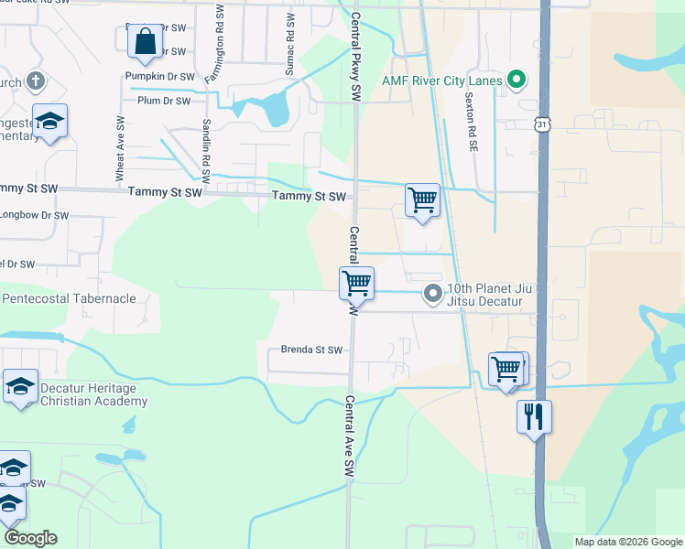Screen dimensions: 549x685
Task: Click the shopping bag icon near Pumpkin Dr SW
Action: click(x=146, y=41)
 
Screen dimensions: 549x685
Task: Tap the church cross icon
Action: click(x=36, y=81)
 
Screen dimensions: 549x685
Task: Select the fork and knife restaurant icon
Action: click(x=534, y=417)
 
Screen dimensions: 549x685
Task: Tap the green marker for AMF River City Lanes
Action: click(x=516, y=81)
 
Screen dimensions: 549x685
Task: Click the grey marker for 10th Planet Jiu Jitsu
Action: click(x=432, y=294)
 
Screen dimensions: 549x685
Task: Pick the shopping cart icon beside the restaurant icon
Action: click(x=506, y=370)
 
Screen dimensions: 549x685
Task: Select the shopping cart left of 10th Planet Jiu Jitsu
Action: click(x=356, y=283)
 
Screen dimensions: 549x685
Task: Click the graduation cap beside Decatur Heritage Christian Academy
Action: click(x=20, y=387)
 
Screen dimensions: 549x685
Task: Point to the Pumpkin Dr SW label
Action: click(x=160, y=77)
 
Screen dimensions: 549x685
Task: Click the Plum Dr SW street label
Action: click(x=163, y=101)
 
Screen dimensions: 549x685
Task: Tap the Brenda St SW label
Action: click(x=311, y=350)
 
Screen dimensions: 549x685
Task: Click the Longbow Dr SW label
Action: click(x=34, y=216)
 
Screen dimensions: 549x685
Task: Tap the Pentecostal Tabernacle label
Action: click(x=69, y=298)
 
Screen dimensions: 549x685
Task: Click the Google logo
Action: click(x=30, y=538)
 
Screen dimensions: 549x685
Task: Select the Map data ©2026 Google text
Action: click(x=627, y=542)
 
